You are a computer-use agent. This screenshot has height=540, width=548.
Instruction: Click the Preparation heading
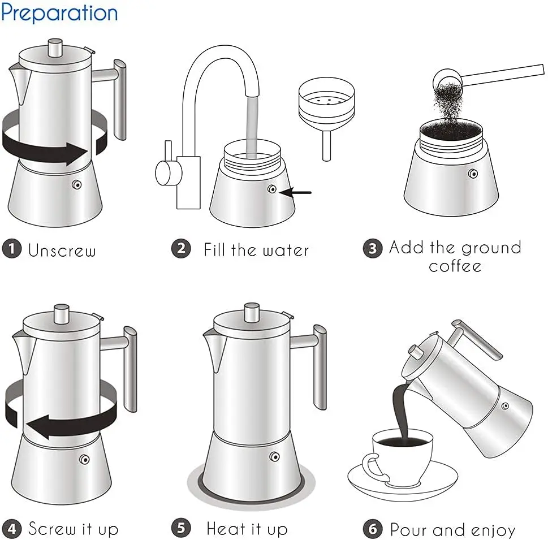click(59, 13)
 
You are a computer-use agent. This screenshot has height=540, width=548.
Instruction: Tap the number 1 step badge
click(11, 249)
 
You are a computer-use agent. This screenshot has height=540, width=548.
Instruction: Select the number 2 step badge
click(180, 249)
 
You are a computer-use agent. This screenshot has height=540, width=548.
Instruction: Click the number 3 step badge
click(372, 249)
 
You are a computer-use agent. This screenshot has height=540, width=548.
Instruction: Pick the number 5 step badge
click(180, 529)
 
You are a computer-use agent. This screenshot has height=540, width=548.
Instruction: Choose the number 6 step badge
click(372, 529)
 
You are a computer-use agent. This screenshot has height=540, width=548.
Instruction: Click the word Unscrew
click(62, 250)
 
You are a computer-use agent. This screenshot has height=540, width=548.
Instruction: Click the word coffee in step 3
click(455, 266)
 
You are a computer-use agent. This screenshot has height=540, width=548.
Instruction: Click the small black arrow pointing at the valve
click(296, 192)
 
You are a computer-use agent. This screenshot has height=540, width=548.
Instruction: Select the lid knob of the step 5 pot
click(252, 312)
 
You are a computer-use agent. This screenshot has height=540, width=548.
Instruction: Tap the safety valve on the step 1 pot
click(77, 184)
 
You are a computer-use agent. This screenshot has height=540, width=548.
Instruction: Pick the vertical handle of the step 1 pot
click(120, 99)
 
